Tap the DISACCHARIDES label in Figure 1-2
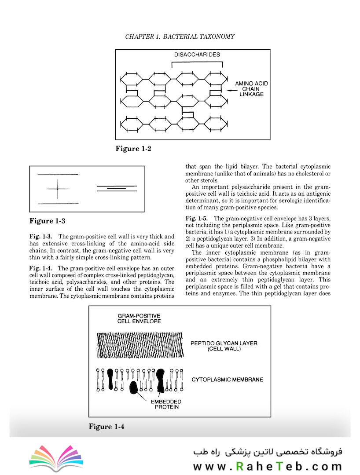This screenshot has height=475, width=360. click(197, 55)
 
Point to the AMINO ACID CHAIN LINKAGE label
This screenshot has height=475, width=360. click(251, 89)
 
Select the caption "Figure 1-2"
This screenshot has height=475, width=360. click(133, 149)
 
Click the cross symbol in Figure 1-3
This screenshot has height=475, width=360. click(58, 189)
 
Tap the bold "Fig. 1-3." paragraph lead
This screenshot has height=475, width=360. click(41, 237)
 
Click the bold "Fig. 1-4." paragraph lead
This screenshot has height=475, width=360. click(41, 268)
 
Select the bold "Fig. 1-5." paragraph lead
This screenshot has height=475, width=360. click(197, 219)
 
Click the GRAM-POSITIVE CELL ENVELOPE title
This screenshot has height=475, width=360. click(139, 318)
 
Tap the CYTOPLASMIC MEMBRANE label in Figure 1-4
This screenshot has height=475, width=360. click(227, 379)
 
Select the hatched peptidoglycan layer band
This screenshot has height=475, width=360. click(140, 345)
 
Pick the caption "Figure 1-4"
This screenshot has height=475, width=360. click(107, 426)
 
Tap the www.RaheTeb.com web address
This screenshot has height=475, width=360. click(267, 466)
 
